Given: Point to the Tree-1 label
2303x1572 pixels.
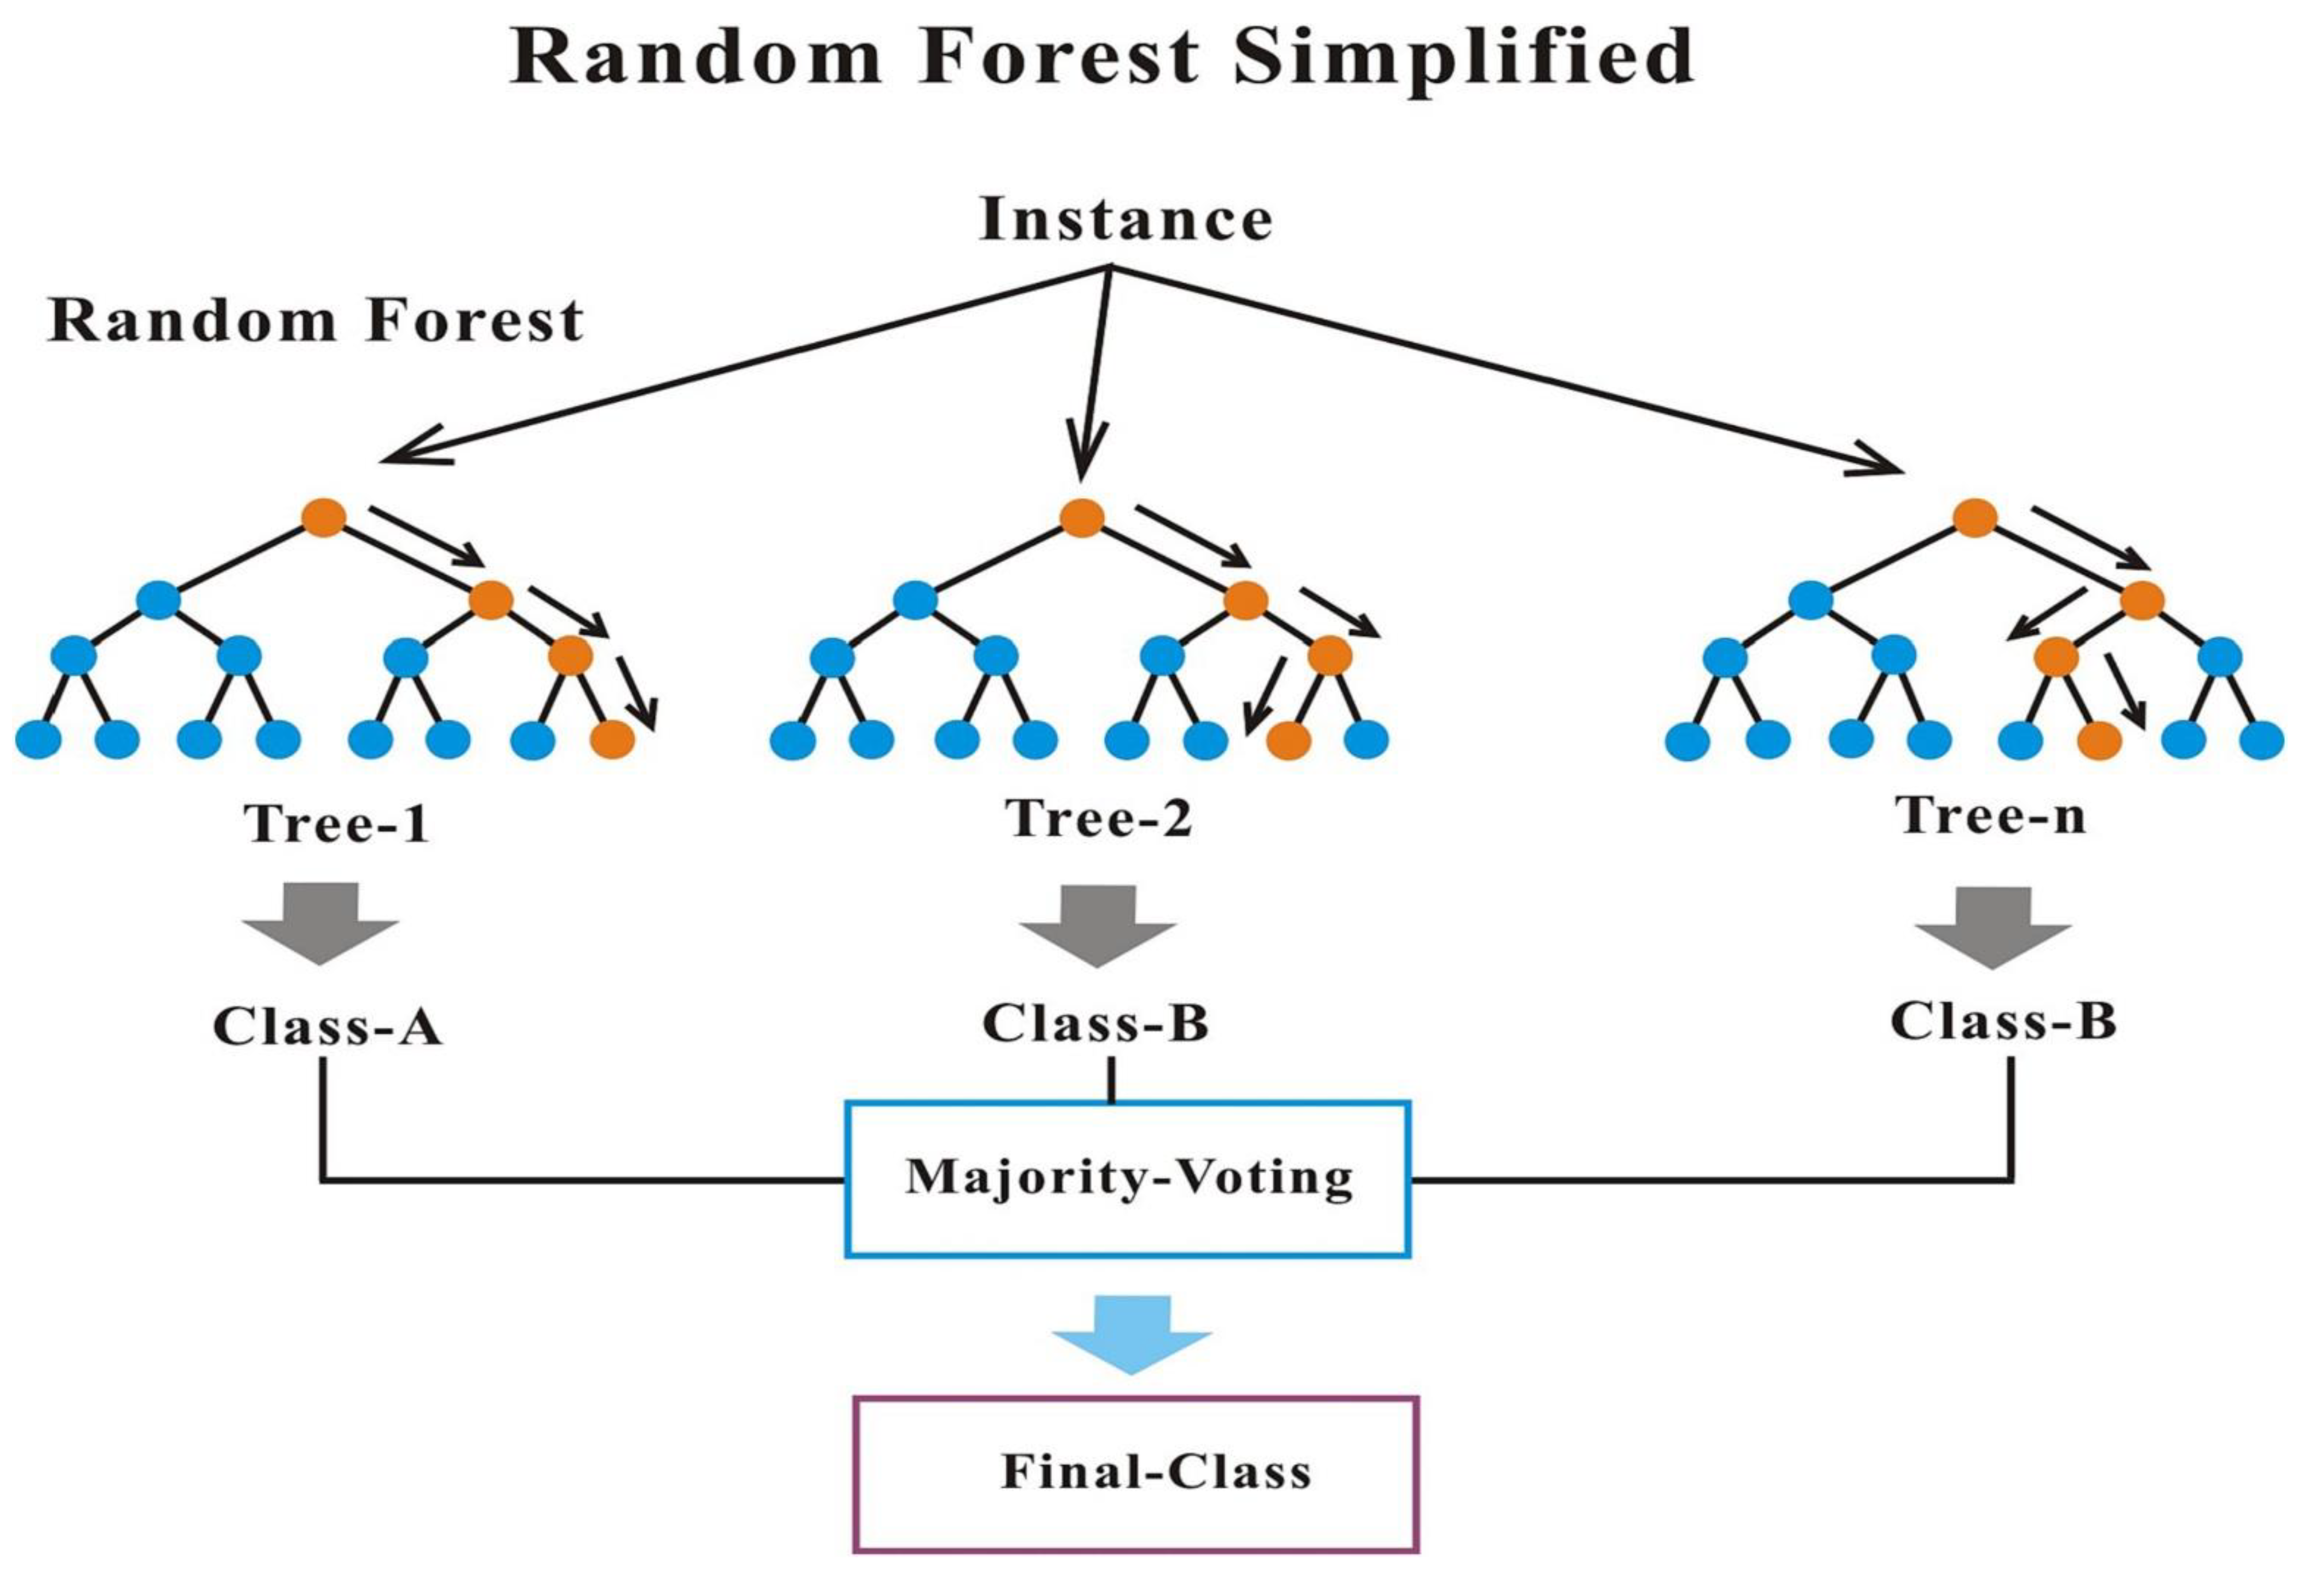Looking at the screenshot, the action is (337, 822).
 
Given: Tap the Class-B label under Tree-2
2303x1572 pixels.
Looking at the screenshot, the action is (1095, 1023).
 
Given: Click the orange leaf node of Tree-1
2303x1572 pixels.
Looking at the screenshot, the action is (611, 739).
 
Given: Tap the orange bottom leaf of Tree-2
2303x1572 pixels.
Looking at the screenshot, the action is (1287, 739).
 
